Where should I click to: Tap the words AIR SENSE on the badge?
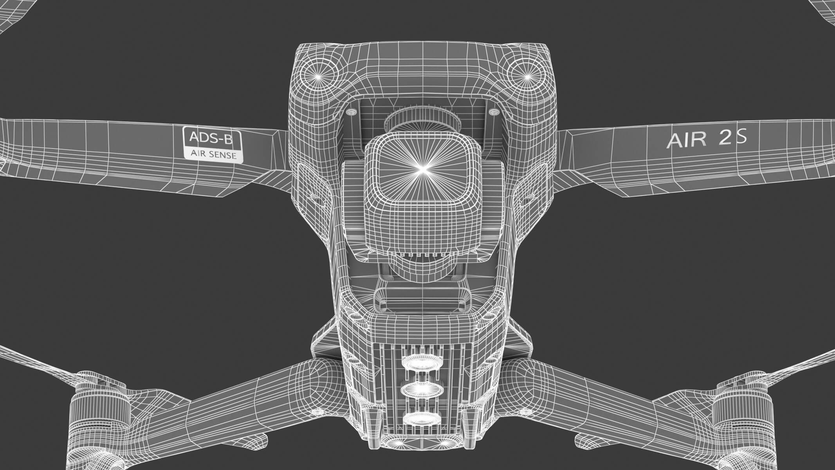213,155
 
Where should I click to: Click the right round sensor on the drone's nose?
526,74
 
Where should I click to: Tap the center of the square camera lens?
422,169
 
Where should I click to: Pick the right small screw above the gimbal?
494,113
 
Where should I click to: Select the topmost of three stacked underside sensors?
422,362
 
